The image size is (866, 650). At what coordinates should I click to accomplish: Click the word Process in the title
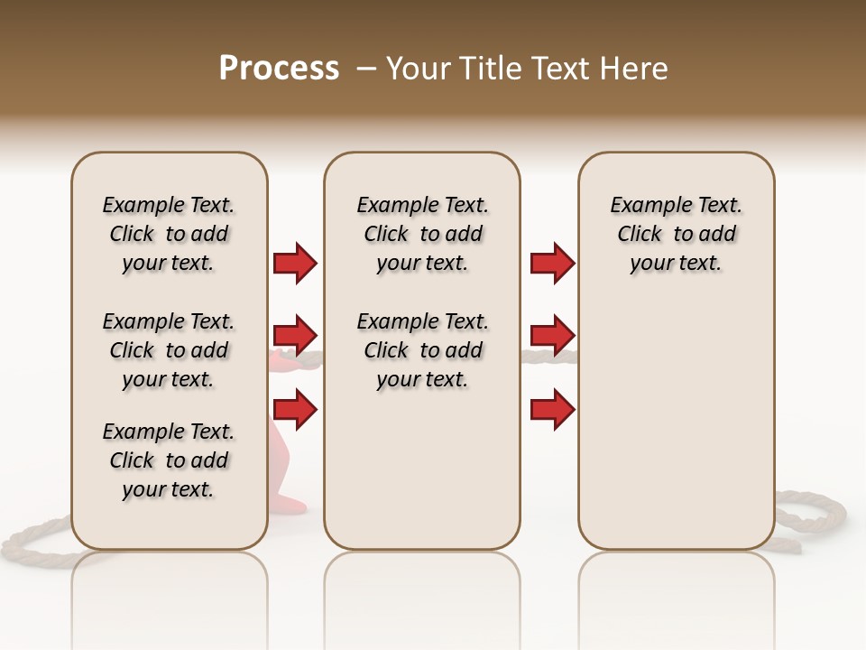(279, 69)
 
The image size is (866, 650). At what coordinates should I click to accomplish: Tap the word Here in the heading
(636, 69)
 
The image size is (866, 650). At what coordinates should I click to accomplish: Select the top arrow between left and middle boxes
(295, 263)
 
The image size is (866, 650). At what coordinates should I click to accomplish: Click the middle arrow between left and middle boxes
(295, 336)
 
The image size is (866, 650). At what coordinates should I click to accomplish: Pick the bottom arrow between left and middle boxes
(295, 411)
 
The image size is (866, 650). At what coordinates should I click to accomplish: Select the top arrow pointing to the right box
(552, 263)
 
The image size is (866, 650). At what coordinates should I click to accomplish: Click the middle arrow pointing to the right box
(552, 336)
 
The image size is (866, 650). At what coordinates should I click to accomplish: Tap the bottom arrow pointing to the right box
(552, 411)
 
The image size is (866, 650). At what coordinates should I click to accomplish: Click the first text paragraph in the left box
(169, 234)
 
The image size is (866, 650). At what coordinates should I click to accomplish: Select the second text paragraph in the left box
(169, 350)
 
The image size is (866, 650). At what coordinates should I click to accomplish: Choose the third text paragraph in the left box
(169, 460)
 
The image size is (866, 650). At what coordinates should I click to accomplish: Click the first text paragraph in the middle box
(422, 234)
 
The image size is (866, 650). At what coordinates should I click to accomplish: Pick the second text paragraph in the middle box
(422, 350)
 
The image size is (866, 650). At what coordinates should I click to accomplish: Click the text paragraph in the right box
(676, 234)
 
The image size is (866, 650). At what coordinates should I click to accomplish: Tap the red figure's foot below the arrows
(290, 502)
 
